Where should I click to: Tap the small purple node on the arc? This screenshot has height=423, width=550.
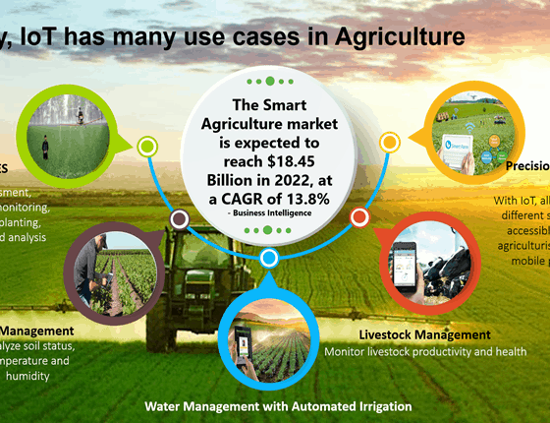(180, 218)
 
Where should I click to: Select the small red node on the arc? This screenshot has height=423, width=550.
(359, 216)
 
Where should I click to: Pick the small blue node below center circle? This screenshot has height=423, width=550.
(269, 259)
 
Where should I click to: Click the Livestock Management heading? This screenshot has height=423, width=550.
(424, 334)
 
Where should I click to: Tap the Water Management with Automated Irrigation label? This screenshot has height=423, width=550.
(278, 405)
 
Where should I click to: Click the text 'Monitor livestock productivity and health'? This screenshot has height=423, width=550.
(424, 351)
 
